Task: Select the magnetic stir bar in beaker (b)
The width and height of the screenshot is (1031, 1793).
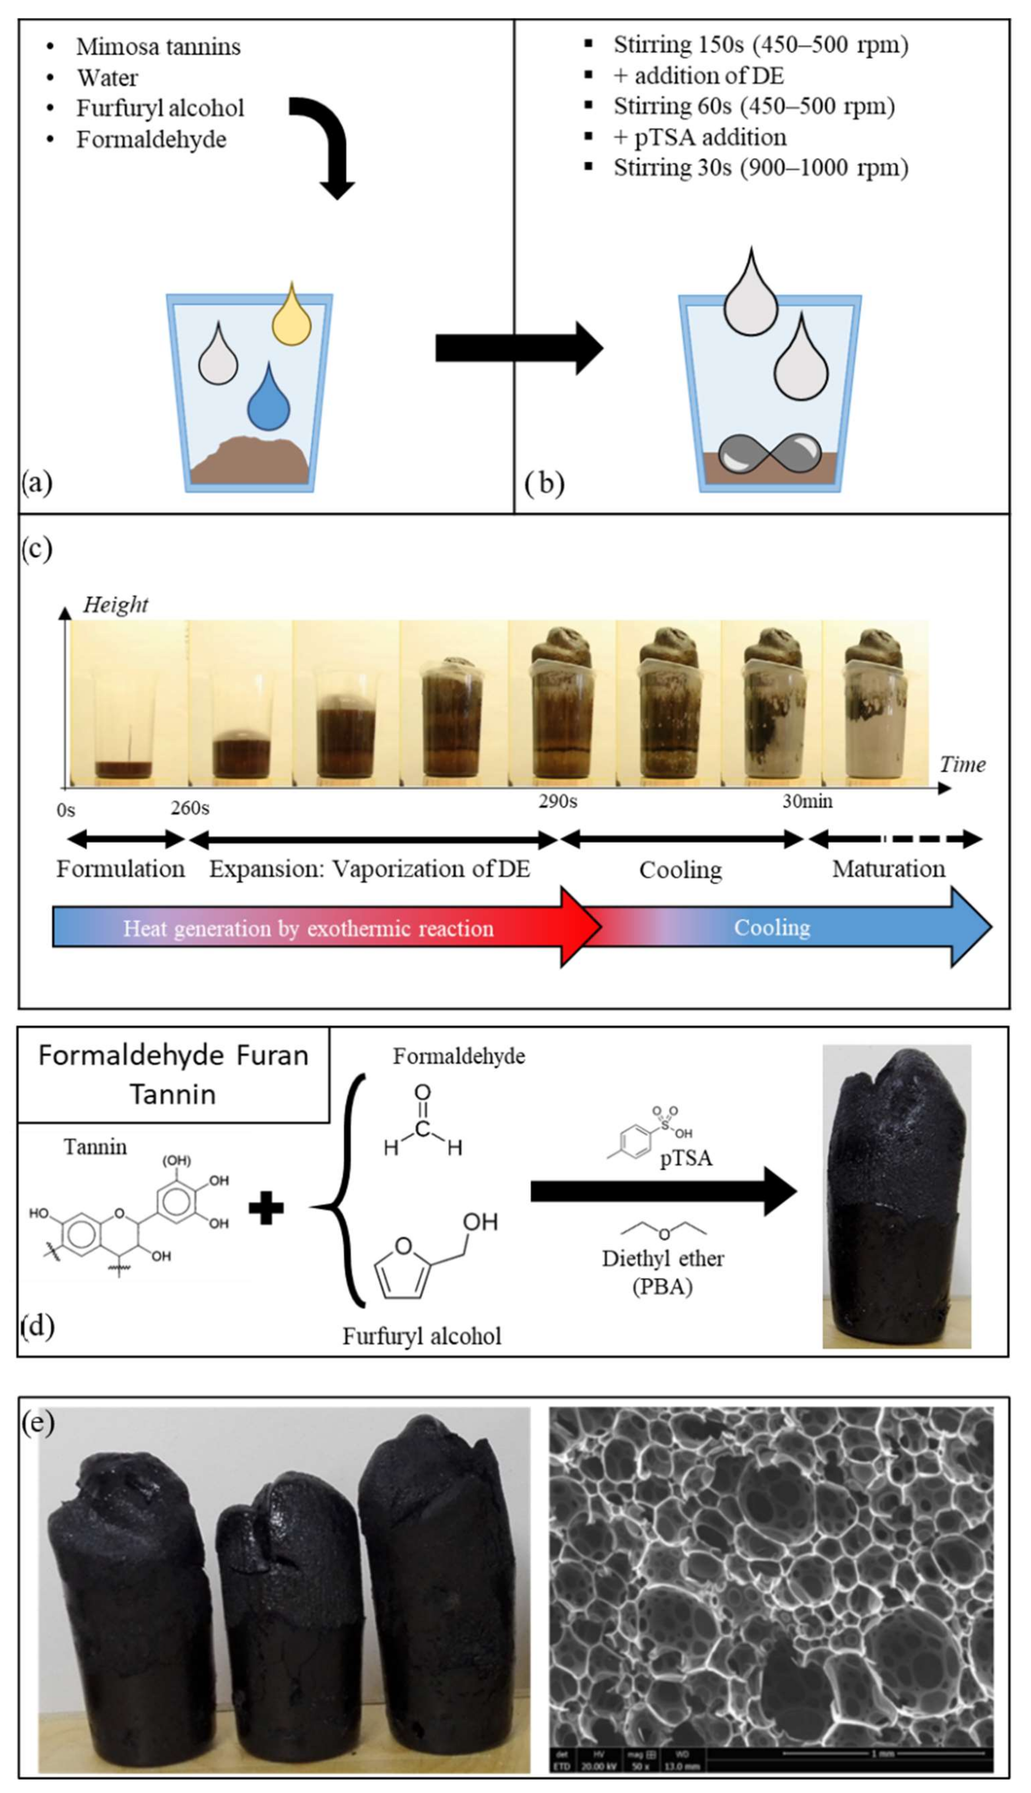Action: pos(770,454)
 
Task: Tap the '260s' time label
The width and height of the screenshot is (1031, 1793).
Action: pos(190,808)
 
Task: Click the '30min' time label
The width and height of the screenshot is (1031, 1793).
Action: pos(807,801)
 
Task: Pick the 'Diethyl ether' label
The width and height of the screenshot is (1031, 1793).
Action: pos(663,1259)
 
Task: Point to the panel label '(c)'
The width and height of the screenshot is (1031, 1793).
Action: pos(37,549)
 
